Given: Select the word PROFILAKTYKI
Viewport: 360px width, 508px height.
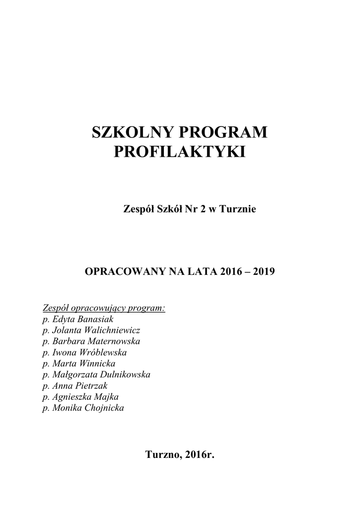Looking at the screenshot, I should coord(180,152).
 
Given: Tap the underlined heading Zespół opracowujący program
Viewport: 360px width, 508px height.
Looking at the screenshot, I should coord(104,308).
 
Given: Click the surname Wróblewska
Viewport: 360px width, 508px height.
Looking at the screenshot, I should coord(102,353).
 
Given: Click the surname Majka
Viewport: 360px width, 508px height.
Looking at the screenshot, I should coord(105,397).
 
